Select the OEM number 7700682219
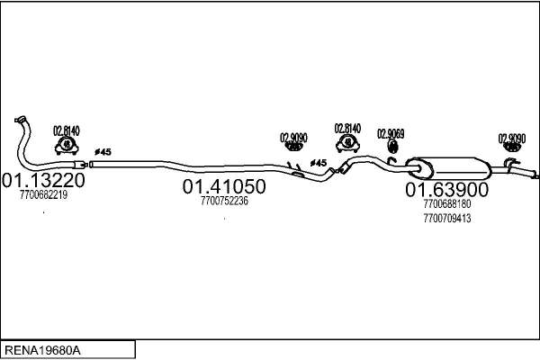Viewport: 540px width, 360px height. click(x=43, y=195)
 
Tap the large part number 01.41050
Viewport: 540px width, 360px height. click(x=224, y=186)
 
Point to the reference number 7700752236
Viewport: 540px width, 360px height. click(x=224, y=201)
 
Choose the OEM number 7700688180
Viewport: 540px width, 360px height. click(x=445, y=204)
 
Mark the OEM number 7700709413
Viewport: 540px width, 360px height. click(x=445, y=218)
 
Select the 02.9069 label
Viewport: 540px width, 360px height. click(x=390, y=133)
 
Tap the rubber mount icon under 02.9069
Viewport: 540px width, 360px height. click(x=391, y=146)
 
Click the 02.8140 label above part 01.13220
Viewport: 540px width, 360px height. click(x=66, y=130)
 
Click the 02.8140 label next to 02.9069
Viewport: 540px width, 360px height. click(x=347, y=128)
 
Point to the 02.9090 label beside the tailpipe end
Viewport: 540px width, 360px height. click(x=511, y=138)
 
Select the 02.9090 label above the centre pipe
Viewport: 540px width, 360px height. click(x=293, y=137)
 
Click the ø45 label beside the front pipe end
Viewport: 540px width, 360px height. click(x=102, y=150)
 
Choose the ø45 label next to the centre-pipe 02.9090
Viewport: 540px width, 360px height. click(x=318, y=163)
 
